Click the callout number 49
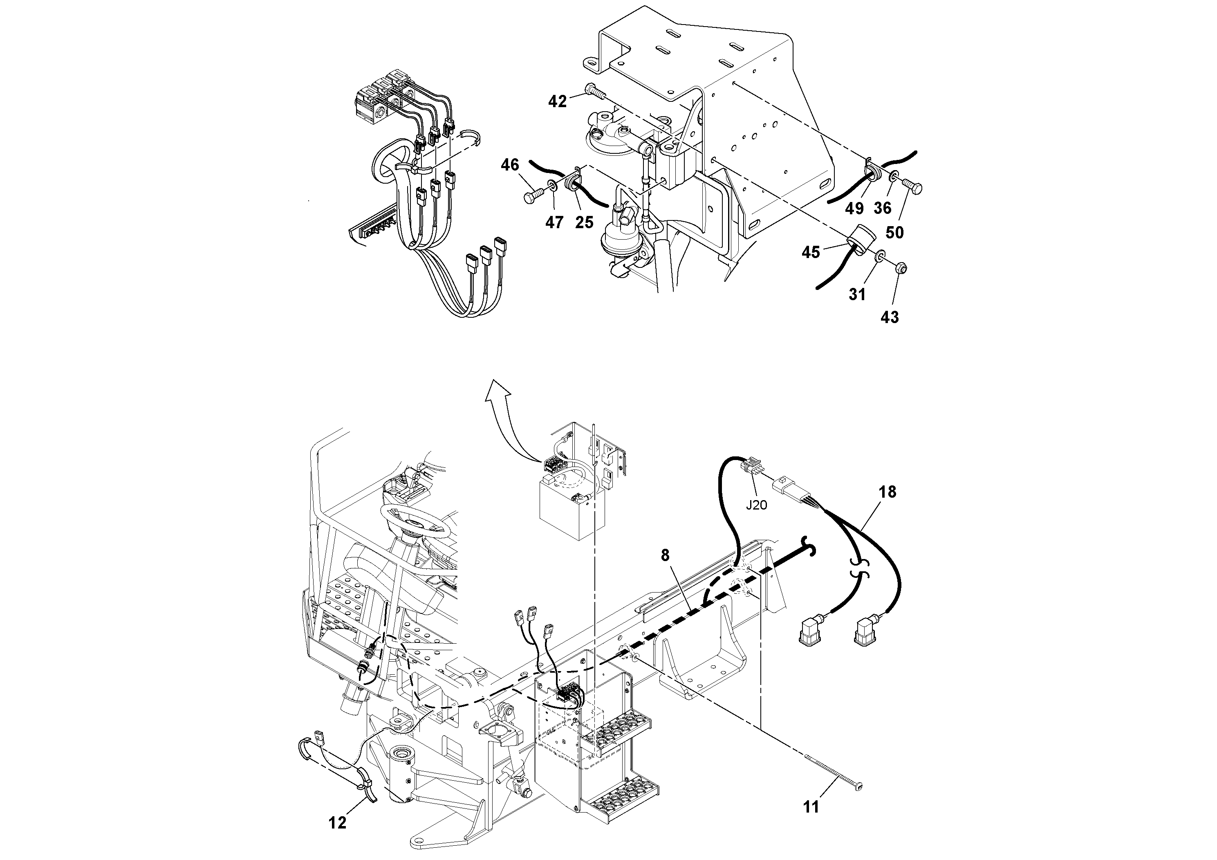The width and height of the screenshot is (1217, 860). click(x=854, y=209)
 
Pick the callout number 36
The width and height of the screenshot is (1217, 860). click(x=883, y=209)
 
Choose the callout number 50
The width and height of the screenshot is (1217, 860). click(x=895, y=232)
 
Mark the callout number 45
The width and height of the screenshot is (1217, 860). click(x=811, y=252)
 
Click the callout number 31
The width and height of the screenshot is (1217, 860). click(x=857, y=294)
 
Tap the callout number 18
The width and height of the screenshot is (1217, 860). click(x=888, y=492)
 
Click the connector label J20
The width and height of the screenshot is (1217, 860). click(x=756, y=505)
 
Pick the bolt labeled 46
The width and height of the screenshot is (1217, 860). click(x=534, y=197)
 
